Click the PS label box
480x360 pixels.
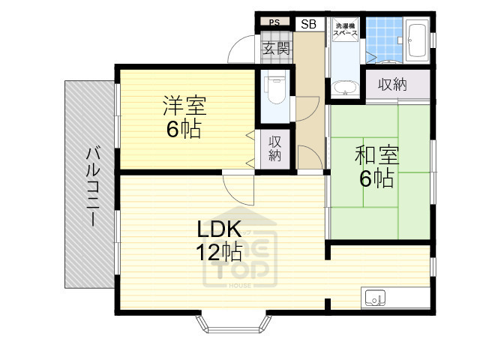pos(274,22)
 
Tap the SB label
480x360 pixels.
pos(308,24)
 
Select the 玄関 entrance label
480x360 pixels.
pos(275,49)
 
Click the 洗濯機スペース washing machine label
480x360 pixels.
pos(345,34)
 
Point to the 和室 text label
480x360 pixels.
pos(376,155)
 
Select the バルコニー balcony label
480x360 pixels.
pos(91,187)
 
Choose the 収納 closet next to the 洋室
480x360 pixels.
pos(274,148)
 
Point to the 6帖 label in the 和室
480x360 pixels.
pos(376,178)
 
